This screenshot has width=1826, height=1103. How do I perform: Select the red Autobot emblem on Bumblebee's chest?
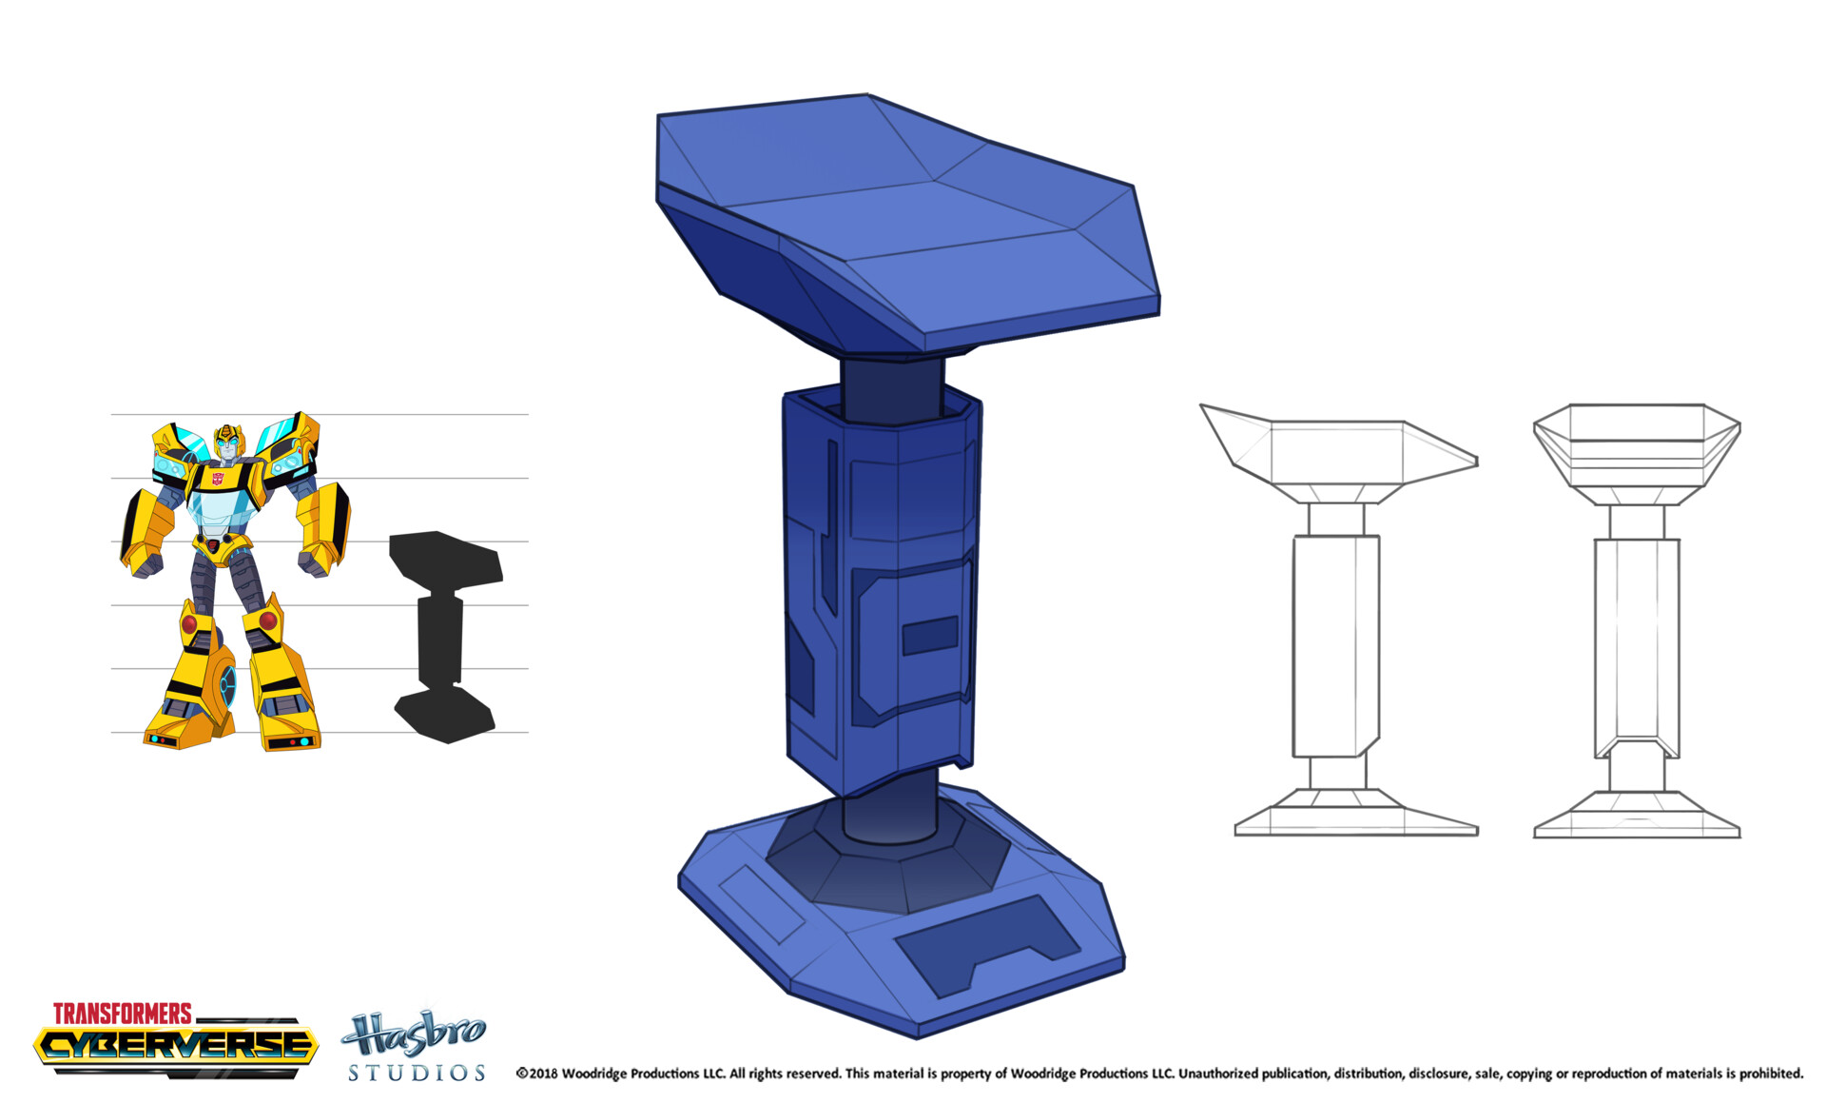(219, 480)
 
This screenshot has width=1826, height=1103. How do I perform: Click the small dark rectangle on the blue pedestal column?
(929, 636)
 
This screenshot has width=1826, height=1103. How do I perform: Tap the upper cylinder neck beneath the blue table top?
(891, 385)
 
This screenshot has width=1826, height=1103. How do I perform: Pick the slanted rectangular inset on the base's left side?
(761, 904)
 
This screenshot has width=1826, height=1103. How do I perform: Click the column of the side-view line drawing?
(1335, 647)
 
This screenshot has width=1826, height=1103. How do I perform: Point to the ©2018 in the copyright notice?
(536, 1073)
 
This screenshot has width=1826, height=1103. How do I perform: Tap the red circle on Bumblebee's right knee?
(189, 624)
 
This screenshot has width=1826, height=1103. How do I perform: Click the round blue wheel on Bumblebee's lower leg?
(228, 683)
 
